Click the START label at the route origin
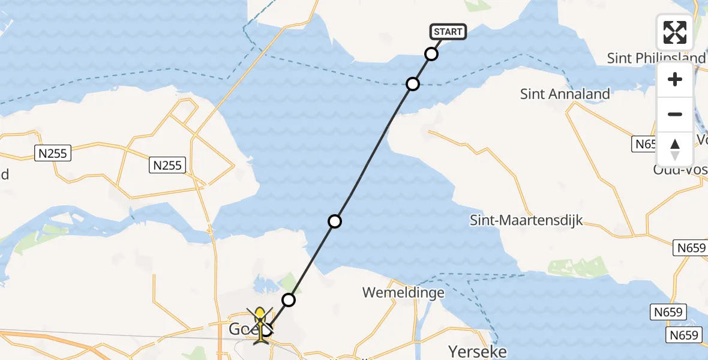click(448, 32)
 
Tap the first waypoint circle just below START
click(431, 54)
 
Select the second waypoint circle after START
click(413, 83)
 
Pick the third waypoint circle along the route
click(335, 221)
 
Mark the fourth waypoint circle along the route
click(289, 299)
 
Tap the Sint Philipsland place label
click(656, 58)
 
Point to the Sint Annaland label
click(565, 94)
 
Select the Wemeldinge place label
click(403, 293)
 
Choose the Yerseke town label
click(477, 351)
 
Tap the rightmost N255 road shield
click(168, 164)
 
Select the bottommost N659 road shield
click(683, 335)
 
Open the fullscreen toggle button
click(675, 32)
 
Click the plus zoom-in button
click(675, 79)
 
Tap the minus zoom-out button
click(675, 114)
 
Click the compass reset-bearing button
click(675, 149)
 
